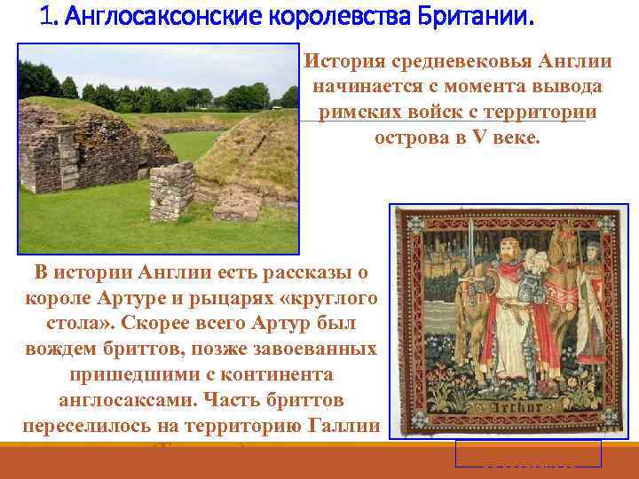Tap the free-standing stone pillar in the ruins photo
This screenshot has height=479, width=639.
pyautogui.click(x=171, y=191)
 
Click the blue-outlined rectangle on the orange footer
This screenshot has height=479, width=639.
pyautogui.click(x=527, y=453)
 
